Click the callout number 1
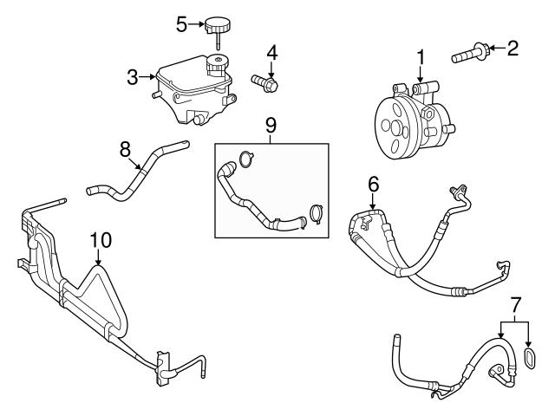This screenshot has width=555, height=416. (421, 58)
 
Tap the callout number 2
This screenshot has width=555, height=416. (513, 48)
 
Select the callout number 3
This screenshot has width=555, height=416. (132, 77)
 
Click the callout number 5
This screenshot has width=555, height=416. (181, 23)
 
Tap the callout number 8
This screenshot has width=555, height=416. (125, 148)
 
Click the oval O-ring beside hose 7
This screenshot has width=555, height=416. (528, 360)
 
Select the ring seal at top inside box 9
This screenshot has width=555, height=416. (247, 159)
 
